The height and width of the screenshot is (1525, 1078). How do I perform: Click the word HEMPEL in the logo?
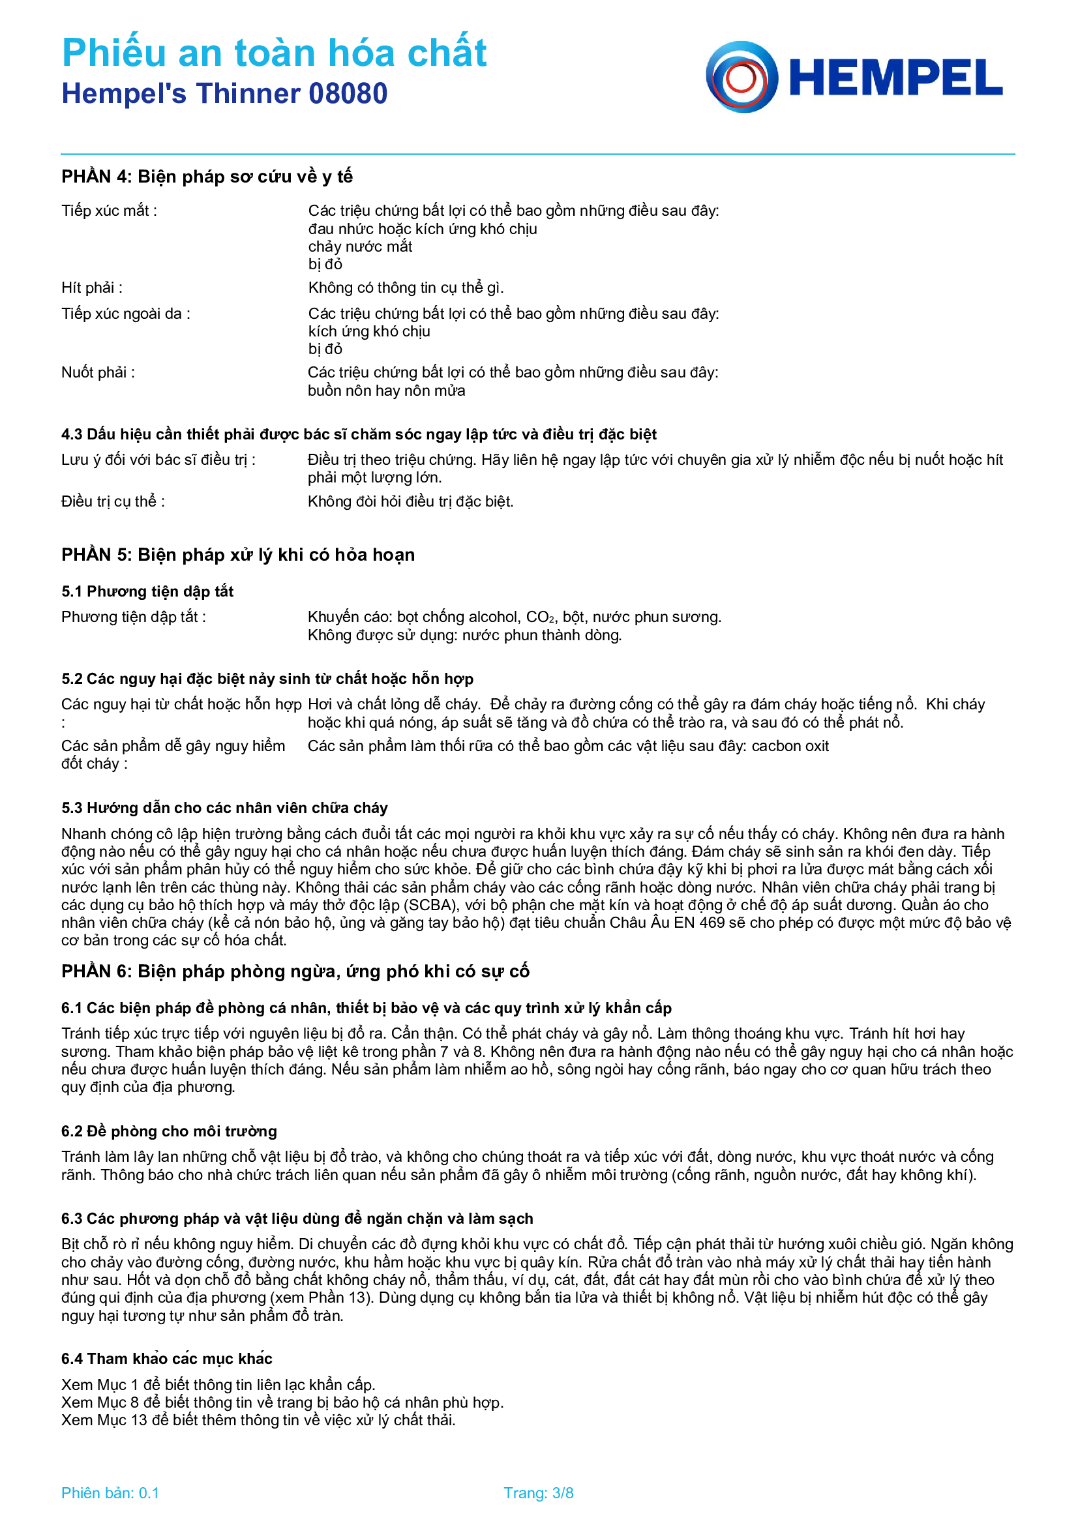pyautogui.click(x=895, y=78)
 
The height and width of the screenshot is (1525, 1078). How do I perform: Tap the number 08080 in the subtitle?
pyautogui.click(x=348, y=94)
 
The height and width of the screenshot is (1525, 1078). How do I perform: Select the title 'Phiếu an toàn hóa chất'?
pyautogui.click(x=275, y=52)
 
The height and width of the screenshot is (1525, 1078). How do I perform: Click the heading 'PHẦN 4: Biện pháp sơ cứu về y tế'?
pyautogui.click(x=207, y=177)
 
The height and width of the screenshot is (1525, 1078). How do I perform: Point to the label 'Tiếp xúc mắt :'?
pyautogui.click(x=109, y=211)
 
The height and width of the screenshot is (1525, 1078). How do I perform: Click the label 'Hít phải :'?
pyautogui.click(x=92, y=288)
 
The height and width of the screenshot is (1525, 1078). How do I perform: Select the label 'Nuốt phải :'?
pyautogui.click(x=98, y=372)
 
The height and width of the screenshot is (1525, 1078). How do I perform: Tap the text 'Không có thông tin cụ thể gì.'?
pyautogui.click(x=406, y=288)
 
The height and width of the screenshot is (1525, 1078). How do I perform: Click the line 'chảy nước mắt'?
pyautogui.click(x=360, y=246)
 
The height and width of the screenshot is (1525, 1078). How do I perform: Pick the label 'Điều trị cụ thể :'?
pyautogui.click(x=113, y=501)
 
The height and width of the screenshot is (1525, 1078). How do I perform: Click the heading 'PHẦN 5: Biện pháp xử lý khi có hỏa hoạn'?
pyautogui.click(x=238, y=555)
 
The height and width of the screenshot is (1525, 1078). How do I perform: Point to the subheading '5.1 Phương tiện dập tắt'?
pyautogui.click(x=147, y=591)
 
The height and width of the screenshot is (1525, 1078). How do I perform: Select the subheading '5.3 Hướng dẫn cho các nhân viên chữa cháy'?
pyautogui.click(x=224, y=808)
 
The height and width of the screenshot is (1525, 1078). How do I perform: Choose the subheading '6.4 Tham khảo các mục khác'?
pyautogui.click(x=167, y=1358)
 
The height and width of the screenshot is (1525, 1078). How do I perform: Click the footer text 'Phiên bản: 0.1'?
pyautogui.click(x=110, y=1492)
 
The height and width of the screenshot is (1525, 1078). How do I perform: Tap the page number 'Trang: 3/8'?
pyautogui.click(x=538, y=1492)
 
